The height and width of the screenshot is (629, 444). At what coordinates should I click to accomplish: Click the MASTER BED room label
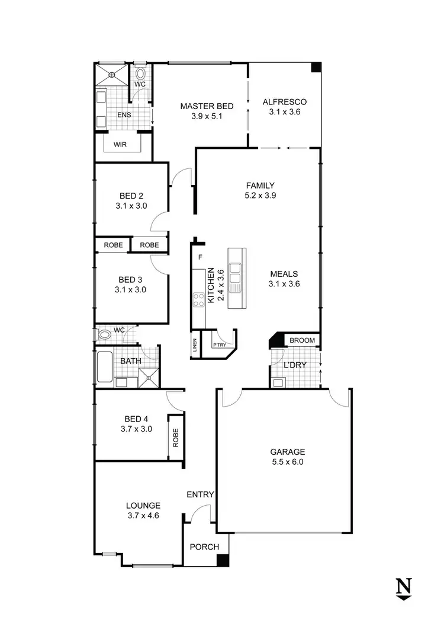[x=207, y=107]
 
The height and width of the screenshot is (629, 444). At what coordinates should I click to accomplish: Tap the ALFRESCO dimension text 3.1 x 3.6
[x=285, y=111]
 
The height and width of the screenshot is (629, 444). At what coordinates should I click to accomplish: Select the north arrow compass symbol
[x=404, y=588]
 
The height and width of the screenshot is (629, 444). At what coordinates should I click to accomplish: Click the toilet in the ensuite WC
[x=141, y=74]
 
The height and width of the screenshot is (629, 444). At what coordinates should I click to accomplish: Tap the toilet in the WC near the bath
[x=104, y=335]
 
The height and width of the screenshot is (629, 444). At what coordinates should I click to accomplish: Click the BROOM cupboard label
[x=303, y=341]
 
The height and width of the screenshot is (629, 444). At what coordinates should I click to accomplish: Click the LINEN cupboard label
[x=195, y=346]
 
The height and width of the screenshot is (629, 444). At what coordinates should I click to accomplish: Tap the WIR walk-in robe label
[x=120, y=144]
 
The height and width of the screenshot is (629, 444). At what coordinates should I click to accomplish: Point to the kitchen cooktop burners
[x=197, y=299]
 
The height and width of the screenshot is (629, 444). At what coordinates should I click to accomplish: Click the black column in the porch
[x=223, y=561]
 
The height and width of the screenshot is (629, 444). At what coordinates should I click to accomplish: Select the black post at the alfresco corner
[x=316, y=67]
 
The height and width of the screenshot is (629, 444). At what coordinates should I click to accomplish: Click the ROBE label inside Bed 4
[x=176, y=438]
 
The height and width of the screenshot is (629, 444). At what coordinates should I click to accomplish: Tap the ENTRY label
[x=200, y=494]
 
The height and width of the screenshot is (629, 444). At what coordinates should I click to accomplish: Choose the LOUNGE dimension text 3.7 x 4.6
[x=143, y=516]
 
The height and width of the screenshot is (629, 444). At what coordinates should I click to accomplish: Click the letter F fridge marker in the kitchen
[x=200, y=257]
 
